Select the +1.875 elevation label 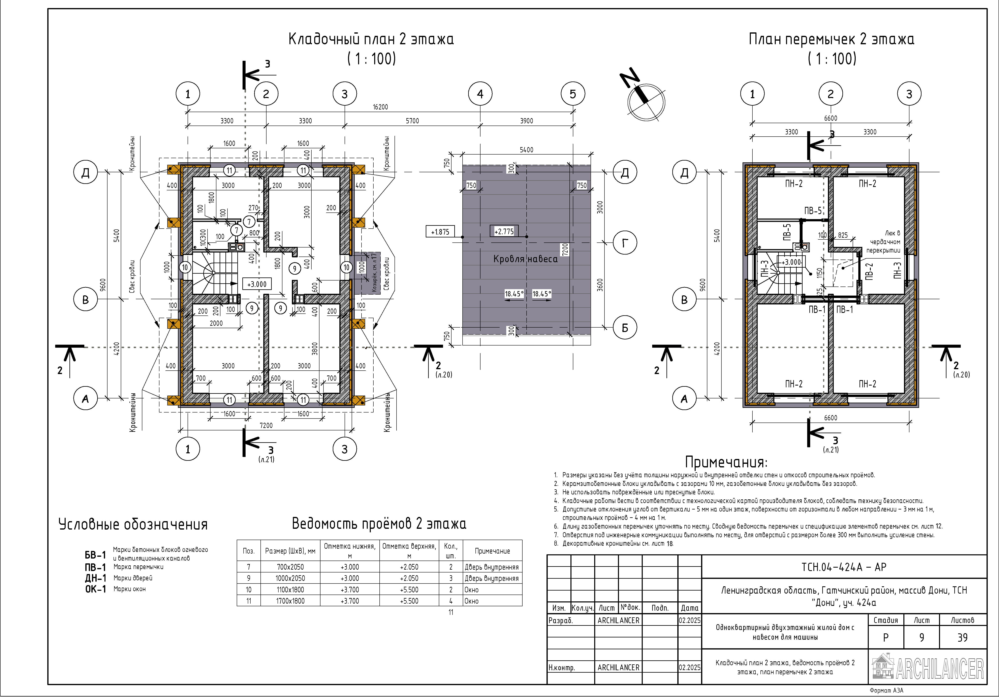[440, 232]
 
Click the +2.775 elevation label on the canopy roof [504, 231]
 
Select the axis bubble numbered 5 [573, 94]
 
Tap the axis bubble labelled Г [625, 243]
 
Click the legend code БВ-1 [95, 555]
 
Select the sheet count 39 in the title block [962, 638]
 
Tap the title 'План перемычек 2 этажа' [832, 39]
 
